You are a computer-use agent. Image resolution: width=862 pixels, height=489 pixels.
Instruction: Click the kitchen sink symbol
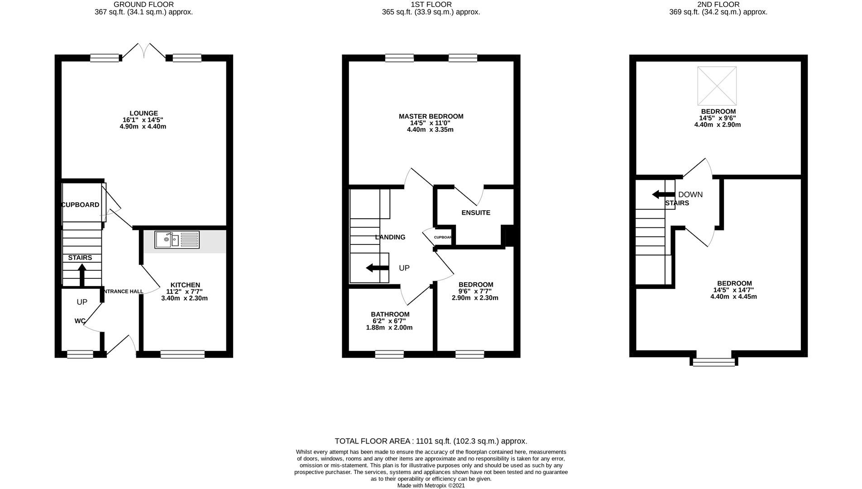coord(177,240)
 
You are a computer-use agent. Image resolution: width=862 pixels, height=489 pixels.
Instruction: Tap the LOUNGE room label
coord(144,113)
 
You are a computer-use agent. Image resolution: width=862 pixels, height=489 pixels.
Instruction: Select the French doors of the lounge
coord(144,51)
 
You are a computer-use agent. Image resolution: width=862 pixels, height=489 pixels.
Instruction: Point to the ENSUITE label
coord(475,212)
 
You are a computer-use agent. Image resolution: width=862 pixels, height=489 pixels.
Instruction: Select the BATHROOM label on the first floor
coord(390,314)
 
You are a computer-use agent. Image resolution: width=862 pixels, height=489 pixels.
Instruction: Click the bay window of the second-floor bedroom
coord(714,362)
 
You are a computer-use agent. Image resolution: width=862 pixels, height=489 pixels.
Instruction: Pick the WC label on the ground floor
coord(80,321)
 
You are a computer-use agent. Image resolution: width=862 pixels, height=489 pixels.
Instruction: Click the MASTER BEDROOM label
coord(431,116)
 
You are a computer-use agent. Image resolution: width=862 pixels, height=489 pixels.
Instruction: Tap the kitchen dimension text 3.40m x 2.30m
coord(184,298)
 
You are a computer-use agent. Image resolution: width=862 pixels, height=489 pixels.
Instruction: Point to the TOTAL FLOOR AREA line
coord(431,441)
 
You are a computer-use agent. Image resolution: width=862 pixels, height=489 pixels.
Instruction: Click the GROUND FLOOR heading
coord(144,5)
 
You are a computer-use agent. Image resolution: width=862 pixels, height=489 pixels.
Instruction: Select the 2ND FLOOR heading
coord(718,5)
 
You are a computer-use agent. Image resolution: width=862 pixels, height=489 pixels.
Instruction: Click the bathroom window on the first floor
coord(389,354)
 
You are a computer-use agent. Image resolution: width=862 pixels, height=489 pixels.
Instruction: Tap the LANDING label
coord(390,237)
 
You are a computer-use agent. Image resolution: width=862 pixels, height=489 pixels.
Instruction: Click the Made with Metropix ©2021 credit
coord(431,485)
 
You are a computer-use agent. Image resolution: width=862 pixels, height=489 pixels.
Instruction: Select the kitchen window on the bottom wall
coord(182,354)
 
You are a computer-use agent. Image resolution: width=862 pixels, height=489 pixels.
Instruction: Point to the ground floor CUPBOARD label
coord(81,205)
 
